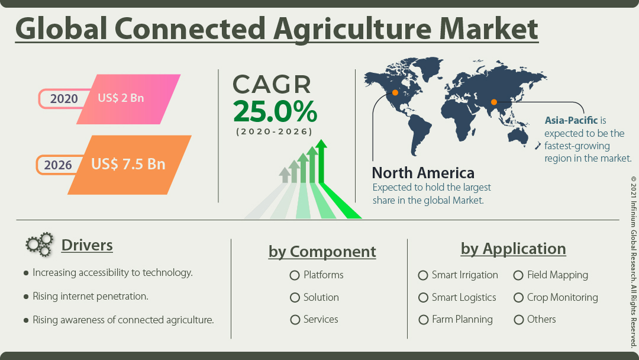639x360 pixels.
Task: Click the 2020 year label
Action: point(64,98)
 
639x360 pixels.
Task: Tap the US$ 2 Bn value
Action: point(121,98)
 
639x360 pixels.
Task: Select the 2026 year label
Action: point(58,165)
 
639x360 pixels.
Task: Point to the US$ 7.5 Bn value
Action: point(128,164)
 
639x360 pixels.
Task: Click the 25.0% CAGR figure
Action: point(275,111)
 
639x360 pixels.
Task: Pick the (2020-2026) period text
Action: point(275,131)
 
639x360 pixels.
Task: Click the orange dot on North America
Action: point(395,92)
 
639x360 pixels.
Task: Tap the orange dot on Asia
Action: point(493,102)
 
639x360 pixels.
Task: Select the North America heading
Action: point(423,173)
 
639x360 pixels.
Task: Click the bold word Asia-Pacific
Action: point(571,121)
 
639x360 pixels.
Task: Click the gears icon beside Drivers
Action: point(39,245)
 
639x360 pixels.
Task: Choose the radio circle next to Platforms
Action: point(295,275)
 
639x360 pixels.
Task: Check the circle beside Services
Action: point(295,320)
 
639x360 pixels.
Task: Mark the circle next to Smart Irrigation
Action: point(423,275)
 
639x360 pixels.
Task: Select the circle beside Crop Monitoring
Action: point(518,298)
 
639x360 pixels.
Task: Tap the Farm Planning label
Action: point(462,320)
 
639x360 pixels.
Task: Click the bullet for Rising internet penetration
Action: point(26,296)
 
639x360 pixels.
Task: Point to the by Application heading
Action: point(513,249)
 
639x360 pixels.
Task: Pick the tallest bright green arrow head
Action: point(321,144)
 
